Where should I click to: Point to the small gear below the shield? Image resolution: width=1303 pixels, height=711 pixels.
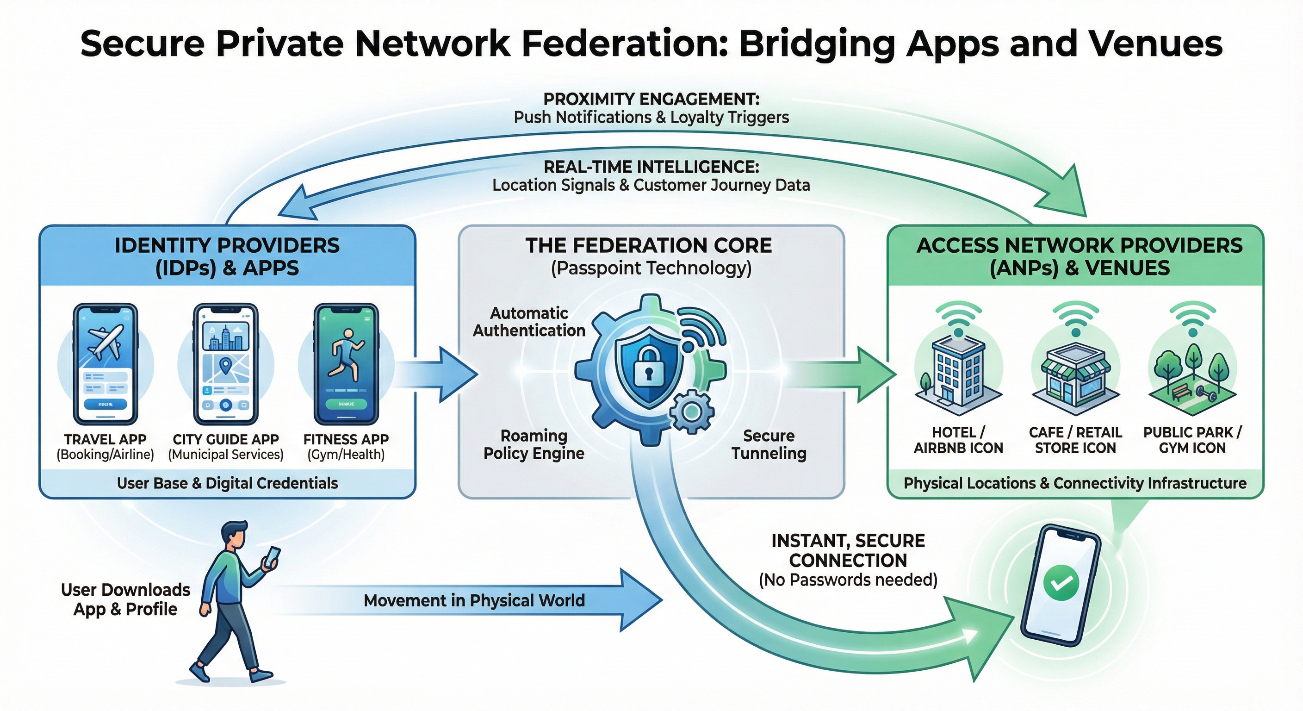(691, 412)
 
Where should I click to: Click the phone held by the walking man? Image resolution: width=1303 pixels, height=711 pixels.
(272, 557)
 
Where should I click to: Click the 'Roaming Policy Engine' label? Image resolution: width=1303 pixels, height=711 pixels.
(534, 444)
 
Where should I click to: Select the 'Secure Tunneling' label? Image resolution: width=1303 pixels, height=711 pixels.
(769, 444)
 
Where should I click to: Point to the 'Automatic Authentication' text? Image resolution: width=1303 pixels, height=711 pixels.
(529, 322)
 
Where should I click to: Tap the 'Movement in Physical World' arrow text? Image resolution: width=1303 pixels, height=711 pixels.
(474, 601)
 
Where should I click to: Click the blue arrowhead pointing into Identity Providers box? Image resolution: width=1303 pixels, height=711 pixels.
(298, 205)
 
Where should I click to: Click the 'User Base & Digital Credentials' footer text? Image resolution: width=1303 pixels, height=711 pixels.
(227, 483)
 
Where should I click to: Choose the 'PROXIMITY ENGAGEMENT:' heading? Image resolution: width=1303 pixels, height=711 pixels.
(651, 99)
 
